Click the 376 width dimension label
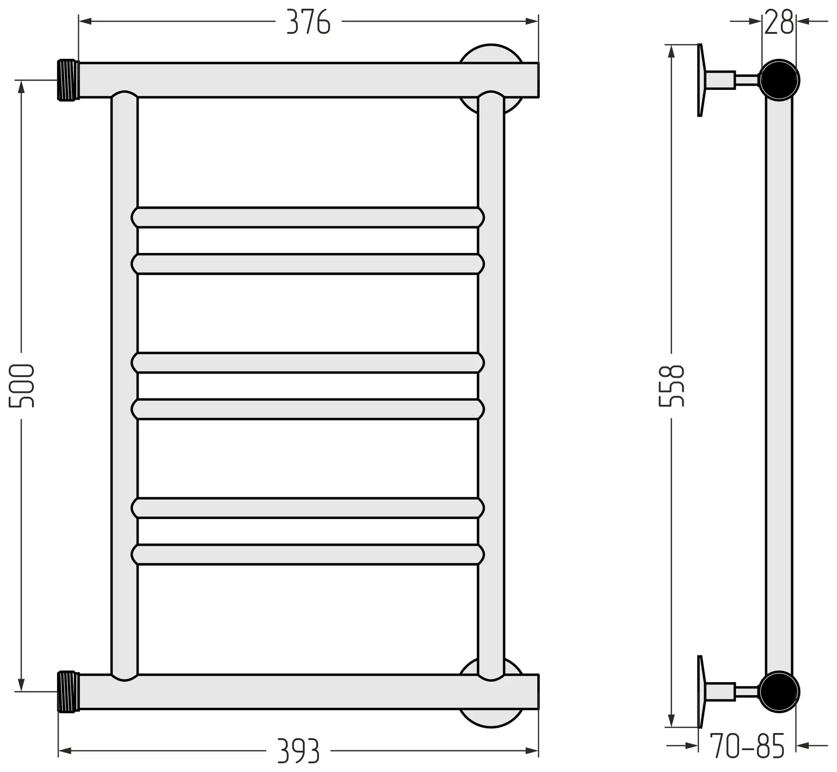[x=308, y=22]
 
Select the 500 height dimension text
[x=21, y=386]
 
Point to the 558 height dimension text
[x=671, y=386]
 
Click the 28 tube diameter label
[x=779, y=22]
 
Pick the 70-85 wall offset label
[x=747, y=746]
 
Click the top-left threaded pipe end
[x=68, y=80]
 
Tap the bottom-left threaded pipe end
[x=68, y=692]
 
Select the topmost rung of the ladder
[x=308, y=217]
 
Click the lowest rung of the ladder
[x=308, y=555]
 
